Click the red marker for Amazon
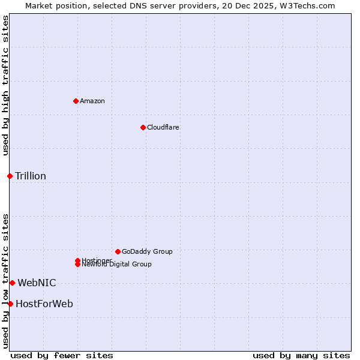(76, 101)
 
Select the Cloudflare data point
(143, 127)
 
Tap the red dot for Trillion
(10, 176)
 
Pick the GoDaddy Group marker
(118, 251)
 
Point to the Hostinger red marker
(77, 260)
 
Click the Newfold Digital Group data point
(77, 265)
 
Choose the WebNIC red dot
(12, 283)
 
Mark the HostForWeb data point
(10, 304)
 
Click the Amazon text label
(92, 101)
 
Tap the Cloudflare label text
(163, 127)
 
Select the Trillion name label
(31, 176)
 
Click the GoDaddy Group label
(147, 251)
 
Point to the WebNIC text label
(37, 283)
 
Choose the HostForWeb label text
(44, 304)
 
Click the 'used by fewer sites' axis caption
(62, 355)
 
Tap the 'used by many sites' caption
(301, 355)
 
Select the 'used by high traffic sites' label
(5, 85)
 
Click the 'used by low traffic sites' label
(5, 281)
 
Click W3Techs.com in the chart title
(309, 5)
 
